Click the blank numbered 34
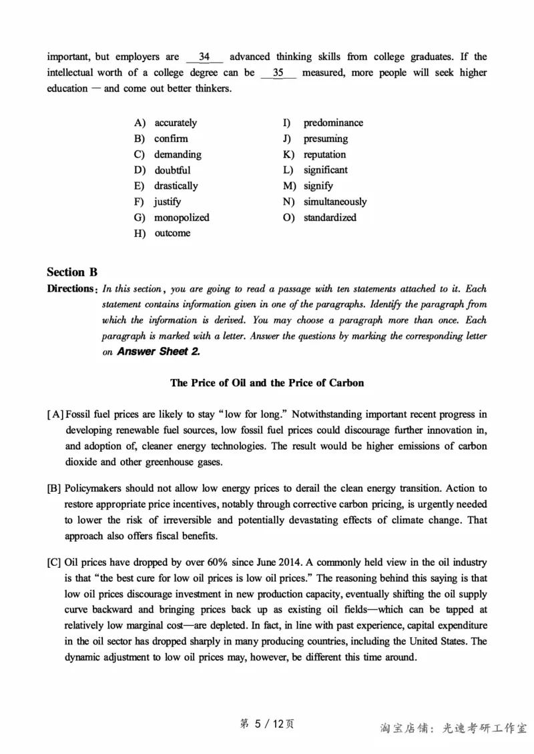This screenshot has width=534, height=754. coord(205,57)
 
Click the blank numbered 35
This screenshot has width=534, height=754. coord(278,73)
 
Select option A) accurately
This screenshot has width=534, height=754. coord(176,123)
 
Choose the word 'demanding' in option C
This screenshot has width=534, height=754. coord(178,154)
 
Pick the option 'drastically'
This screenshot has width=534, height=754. coord(176,185)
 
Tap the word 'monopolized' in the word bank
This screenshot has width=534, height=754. coord(182,218)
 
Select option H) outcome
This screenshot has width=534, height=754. coord(172,233)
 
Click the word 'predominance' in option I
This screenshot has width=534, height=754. coord(333,123)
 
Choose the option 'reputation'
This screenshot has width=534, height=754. coord(324,154)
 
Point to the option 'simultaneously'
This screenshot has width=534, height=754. coord(335,202)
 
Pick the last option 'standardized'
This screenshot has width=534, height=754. coord(330,218)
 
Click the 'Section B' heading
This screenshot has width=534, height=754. coord(72,272)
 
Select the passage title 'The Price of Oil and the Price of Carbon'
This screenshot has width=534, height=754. coord(267,383)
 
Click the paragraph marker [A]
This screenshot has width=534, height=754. coord(55,414)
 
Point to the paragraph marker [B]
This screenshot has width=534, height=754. coord(54,488)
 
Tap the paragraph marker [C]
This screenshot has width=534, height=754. coord(54,562)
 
